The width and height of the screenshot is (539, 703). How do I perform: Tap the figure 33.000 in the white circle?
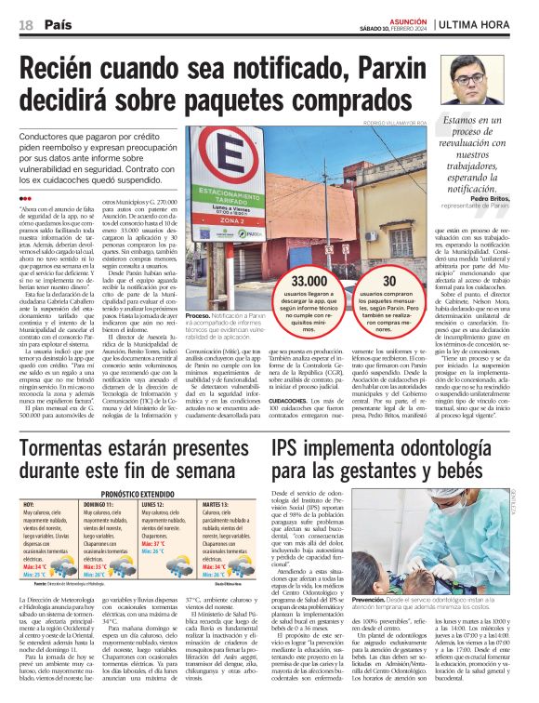(x=309, y=279)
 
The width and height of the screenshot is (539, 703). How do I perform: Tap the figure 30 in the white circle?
(x=388, y=279)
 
